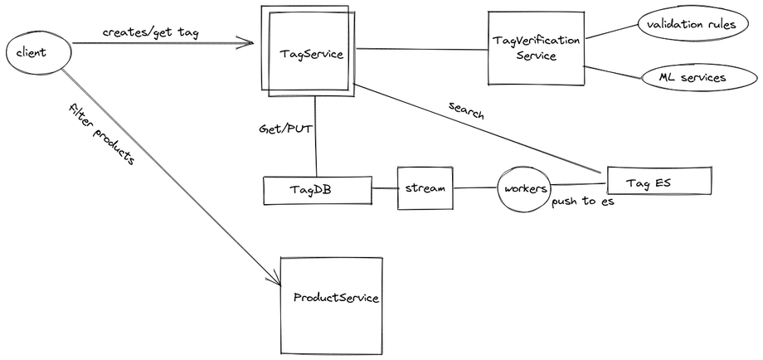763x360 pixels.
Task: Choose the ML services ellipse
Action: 699,78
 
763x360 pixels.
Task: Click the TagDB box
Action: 317,190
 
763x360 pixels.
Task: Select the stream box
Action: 425,188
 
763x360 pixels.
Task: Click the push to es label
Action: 583,202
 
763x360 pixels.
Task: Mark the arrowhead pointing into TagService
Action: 250,41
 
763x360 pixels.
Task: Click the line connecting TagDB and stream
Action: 384,188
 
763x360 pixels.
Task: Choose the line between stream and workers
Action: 475,188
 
